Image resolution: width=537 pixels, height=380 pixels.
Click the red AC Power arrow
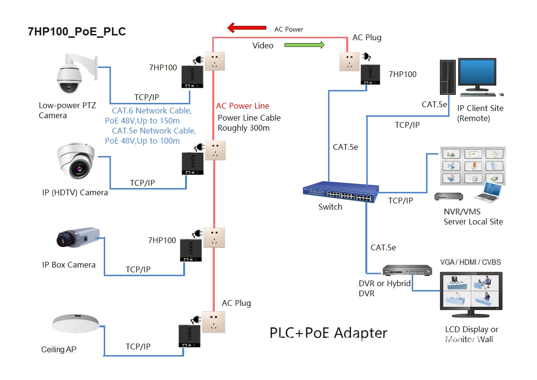(x=247, y=28)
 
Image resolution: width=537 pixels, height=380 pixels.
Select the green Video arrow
(x=305, y=45)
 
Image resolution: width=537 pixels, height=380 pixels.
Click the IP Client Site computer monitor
(x=477, y=73)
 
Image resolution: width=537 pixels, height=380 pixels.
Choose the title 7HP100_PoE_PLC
(x=77, y=32)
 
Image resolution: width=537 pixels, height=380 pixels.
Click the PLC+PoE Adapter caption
(x=329, y=333)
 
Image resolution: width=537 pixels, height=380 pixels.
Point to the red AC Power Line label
(x=242, y=106)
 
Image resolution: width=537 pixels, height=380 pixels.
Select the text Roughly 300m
(x=243, y=128)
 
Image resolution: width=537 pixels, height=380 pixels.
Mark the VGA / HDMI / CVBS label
(x=471, y=262)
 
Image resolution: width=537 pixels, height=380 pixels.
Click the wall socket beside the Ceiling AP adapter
(x=213, y=322)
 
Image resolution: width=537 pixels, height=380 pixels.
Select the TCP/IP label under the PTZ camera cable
(x=146, y=97)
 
